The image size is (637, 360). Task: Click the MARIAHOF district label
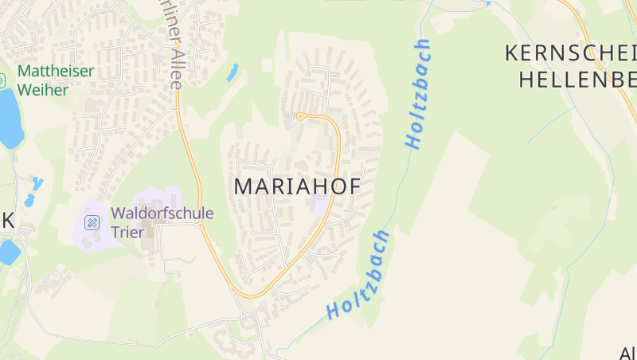[297, 186]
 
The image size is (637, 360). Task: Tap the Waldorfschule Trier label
[162, 221]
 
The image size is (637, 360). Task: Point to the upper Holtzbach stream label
[418, 94]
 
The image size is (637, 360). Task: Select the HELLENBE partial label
[577, 79]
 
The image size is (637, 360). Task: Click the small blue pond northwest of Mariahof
[232, 72]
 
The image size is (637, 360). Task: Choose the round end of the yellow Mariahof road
[301, 117]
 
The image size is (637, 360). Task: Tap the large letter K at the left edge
[7, 222]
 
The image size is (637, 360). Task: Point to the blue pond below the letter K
[9, 252]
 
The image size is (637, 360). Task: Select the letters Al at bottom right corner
[627, 352]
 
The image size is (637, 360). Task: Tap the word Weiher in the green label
[43, 89]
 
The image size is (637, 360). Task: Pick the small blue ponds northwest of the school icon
[34, 191]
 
